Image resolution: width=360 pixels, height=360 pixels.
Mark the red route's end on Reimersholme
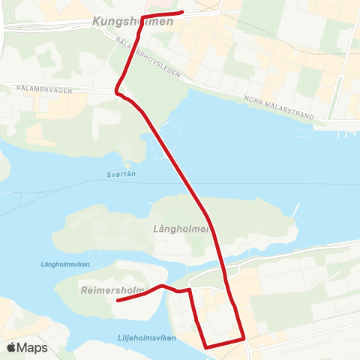click(x=118, y=301)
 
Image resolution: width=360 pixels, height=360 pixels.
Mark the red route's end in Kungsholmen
click(x=182, y=12)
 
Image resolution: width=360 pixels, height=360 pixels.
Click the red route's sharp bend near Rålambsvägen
click(x=116, y=91)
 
